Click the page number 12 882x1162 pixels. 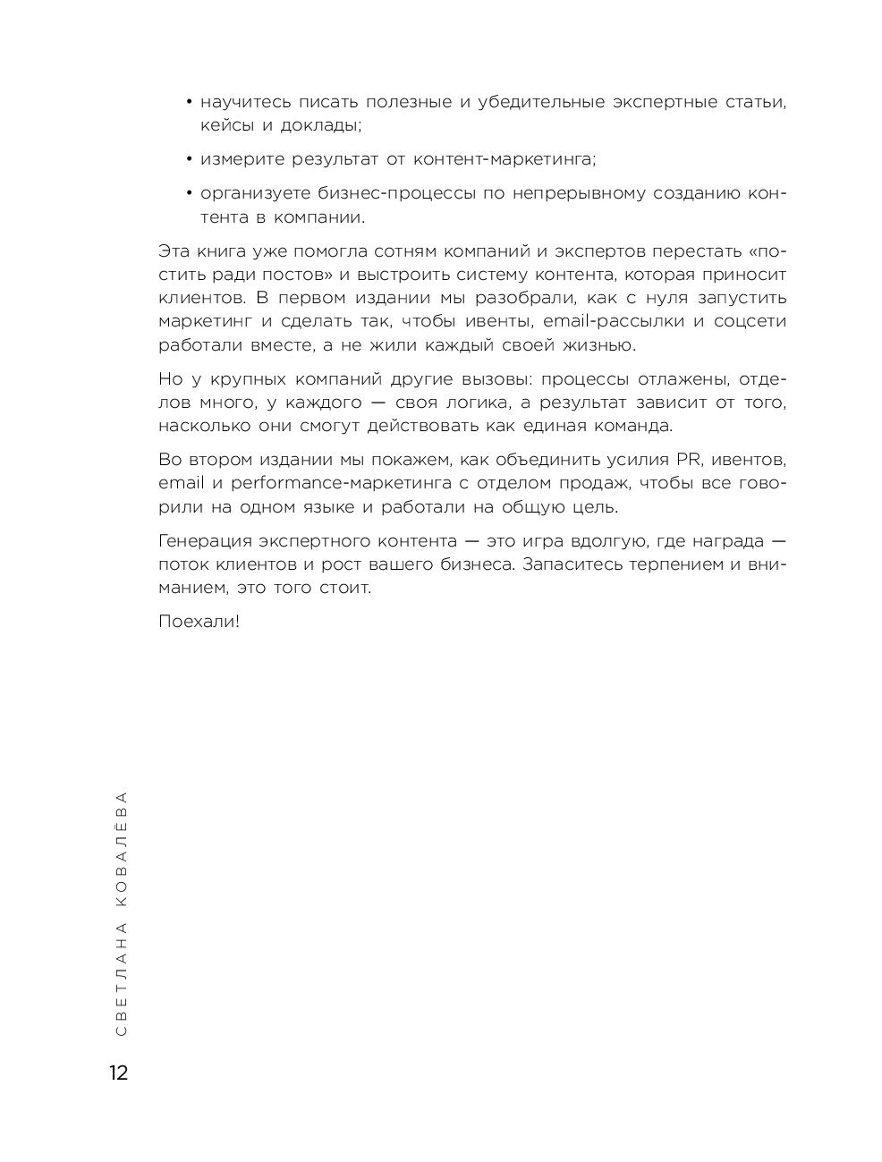tap(118, 1073)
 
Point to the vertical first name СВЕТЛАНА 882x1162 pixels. tap(122, 979)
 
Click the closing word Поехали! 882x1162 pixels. tap(199, 621)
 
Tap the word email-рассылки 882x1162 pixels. tap(615, 321)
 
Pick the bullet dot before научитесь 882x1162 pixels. tap(190, 103)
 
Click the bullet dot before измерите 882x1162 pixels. tap(190, 160)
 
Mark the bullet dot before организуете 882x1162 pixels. tap(190, 194)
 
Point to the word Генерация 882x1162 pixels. tap(204, 541)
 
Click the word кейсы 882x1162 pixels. tap(225, 125)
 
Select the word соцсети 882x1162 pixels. tap(751, 321)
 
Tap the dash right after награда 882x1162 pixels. tap(778, 541)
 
